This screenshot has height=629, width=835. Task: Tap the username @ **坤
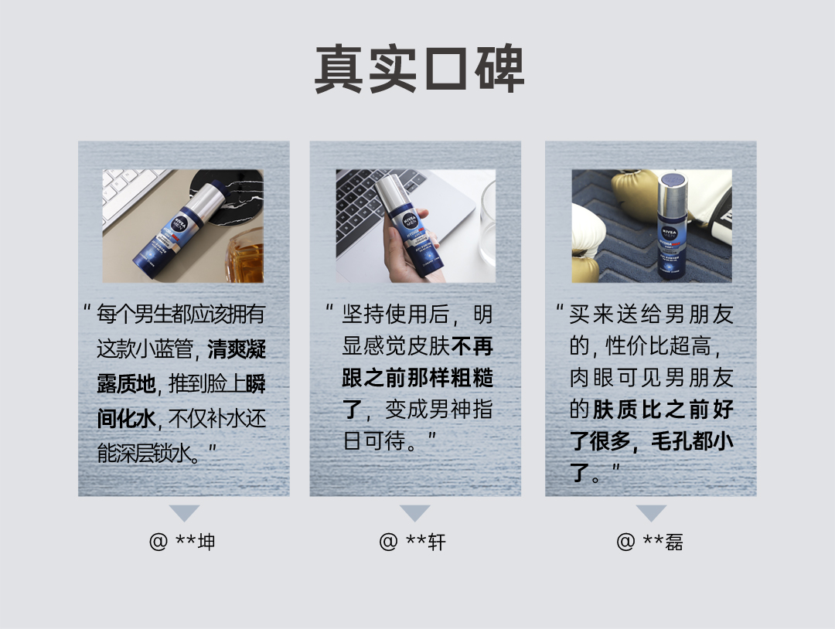182,542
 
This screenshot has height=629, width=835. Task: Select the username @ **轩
412,542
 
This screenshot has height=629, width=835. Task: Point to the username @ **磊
649,542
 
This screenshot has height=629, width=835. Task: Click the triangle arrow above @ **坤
184,512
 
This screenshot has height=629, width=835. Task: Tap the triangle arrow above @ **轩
415,512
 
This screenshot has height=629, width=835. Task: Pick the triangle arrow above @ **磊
651,512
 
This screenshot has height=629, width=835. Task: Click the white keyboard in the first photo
131,192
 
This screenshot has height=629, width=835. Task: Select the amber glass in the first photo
246,257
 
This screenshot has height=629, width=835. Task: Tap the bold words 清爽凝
237,349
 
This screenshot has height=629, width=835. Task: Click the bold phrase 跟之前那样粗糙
417,379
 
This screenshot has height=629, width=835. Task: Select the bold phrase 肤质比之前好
663,410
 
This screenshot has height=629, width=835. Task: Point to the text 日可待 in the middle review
374,441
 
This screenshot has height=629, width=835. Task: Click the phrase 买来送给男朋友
651,314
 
